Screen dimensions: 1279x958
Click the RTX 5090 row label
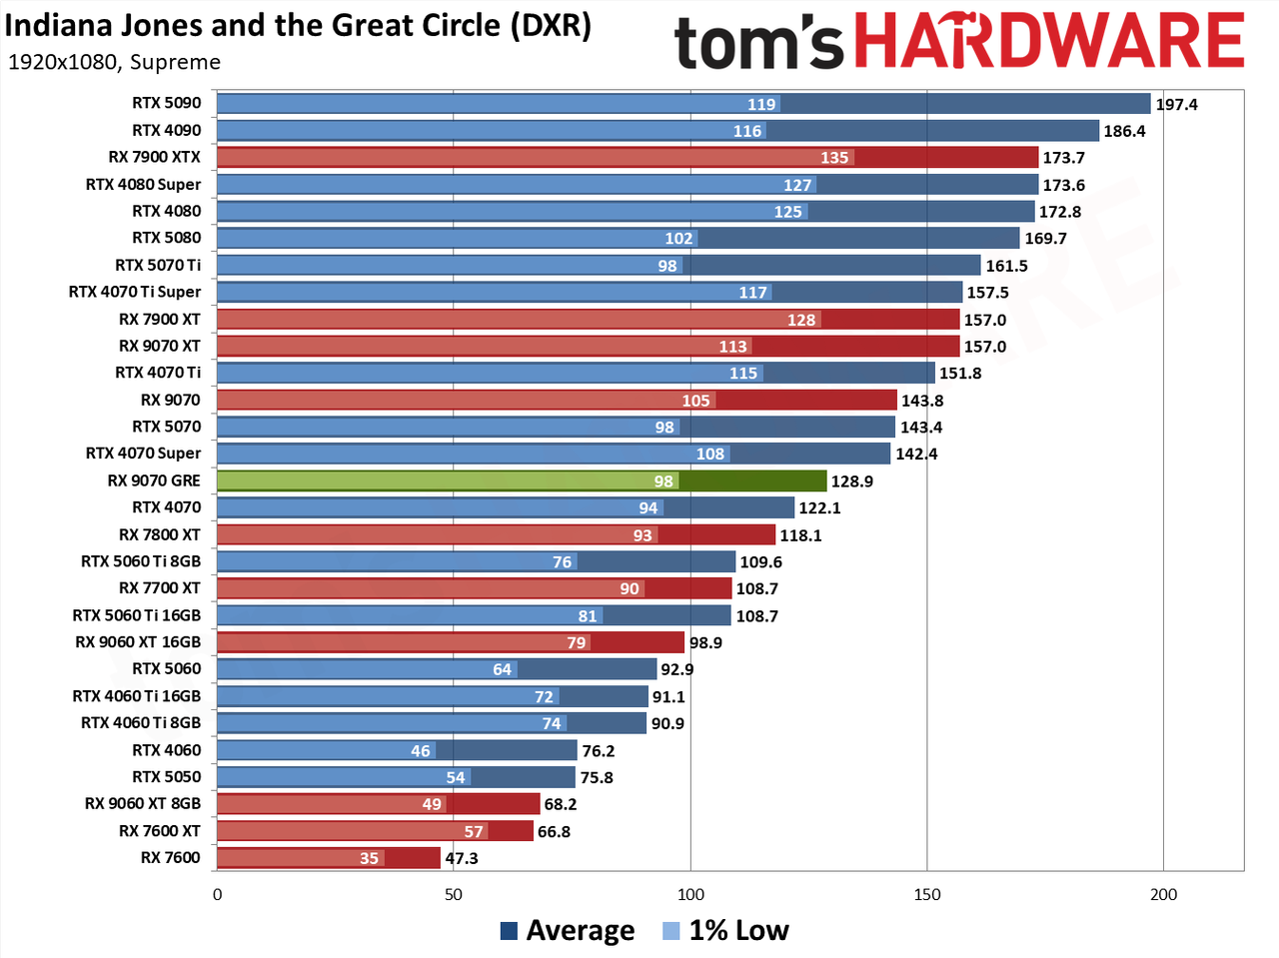166,103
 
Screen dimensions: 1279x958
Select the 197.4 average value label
1176,105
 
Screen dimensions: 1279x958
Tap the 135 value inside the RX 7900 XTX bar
834,158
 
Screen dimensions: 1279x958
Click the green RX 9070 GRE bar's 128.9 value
852,481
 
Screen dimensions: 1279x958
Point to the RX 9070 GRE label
154,480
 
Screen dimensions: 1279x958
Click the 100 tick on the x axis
690,894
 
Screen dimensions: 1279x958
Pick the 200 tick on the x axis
1164,894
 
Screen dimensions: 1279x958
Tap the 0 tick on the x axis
218,894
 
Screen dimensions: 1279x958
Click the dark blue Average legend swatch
509,931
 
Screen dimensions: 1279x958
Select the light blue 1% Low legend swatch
670,931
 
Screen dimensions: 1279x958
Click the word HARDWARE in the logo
1049,41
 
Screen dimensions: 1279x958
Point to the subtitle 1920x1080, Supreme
114,62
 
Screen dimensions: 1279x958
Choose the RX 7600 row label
171,858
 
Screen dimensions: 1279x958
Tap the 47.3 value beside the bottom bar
462,859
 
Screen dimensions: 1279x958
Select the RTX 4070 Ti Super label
135,292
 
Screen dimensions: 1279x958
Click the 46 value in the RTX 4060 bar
420,751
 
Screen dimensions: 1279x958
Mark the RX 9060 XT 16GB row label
138,642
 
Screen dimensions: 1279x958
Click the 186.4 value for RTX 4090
1124,132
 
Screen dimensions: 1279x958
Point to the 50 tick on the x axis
454,894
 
